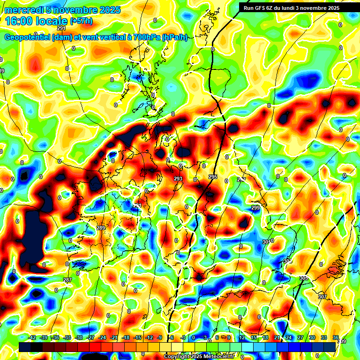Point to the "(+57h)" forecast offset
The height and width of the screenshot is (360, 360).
81,21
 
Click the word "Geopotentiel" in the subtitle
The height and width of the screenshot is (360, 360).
26,37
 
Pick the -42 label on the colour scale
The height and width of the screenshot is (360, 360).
33,337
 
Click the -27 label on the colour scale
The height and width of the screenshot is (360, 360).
90,337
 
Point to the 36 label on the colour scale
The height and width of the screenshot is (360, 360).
336,337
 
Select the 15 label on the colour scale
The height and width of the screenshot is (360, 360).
253,337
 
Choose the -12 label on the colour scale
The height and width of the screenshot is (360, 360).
149,337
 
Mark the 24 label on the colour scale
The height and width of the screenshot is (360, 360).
289,337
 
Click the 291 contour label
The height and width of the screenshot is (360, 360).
61,28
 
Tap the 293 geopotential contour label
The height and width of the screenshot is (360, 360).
178,179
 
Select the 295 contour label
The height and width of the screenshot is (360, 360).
213,177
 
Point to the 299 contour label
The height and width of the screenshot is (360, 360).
255,208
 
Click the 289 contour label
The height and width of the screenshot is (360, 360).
101,228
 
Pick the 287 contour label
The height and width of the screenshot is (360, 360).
67,280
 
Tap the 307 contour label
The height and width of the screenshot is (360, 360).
322,297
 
